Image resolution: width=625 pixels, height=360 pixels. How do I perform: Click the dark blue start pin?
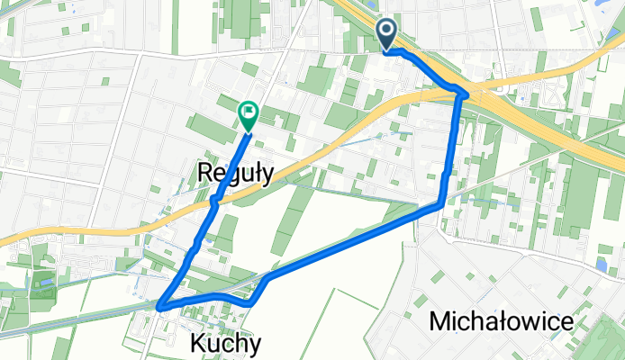pyautogui.click(x=387, y=34)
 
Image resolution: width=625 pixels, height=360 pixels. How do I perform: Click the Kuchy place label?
pyautogui.click(x=226, y=343)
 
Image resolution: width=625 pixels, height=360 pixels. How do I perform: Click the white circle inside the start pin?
pyautogui.click(x=387, y=31)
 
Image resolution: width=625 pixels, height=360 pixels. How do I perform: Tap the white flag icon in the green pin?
pyautogui.click(x=248, y=112)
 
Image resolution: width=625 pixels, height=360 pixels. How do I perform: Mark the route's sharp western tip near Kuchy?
pyautogui.click(x=160, y=308)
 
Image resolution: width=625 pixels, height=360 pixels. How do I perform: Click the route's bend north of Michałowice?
pyautogui.click(x=440, y=204)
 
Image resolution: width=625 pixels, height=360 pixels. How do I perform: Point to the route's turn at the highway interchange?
pyautogui.click(x=464, y=93)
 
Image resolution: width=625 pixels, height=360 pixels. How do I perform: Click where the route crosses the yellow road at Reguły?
pyautogui.click(x=213, y=203)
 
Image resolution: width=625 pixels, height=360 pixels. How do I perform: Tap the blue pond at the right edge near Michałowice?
pyautogui.click(x=601, y=265)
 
